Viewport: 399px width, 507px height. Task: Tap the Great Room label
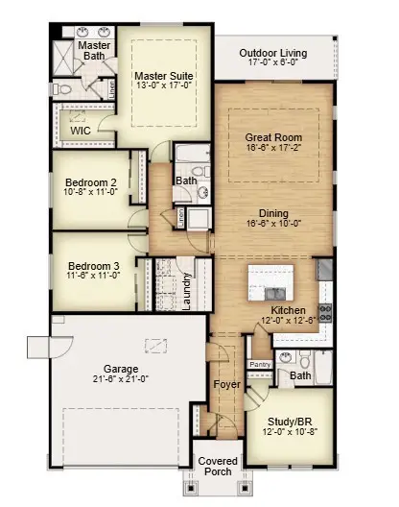click(x=273, y=137)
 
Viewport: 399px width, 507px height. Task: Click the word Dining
click(x=273, y=213)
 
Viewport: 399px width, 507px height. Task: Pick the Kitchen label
click(x=287, y=310)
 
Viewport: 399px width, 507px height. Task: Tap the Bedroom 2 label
click(x=91, y=182)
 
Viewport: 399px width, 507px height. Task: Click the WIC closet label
click(x=81, y=131)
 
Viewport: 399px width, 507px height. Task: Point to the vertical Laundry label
click(x=187, y=290)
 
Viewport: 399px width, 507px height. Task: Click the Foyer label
click(x=226, y=385)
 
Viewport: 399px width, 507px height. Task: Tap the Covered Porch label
click(x=219, y=467)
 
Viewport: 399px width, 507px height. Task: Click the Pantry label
click(x=260, y=365)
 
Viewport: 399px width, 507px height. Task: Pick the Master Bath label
click(x=94, y=51)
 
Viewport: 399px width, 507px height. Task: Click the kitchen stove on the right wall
click(x=324, y=311)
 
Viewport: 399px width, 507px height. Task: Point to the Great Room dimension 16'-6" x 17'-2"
click(x=273, y=150)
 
